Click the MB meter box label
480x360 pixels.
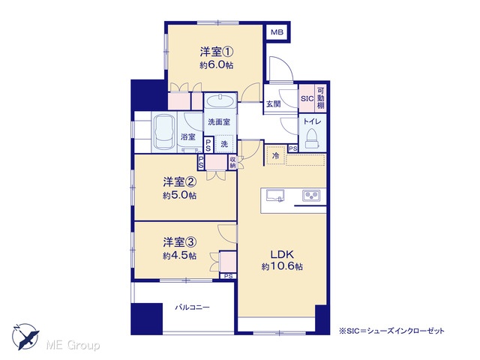click(277, 31)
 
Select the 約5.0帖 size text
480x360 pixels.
click(180, 195)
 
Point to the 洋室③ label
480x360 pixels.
click(180, 242)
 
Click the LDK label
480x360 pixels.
click(282, 254)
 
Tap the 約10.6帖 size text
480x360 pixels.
click(282, 267)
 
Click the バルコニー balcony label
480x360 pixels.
click(192, 307)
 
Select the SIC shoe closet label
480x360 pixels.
click(307, 98)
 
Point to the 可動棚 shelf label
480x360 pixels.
click(320, 98)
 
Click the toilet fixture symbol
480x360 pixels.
click(312, 139)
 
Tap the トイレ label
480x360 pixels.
click(312, 121)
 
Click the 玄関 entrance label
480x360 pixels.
click(273, 104)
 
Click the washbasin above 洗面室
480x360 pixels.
click(220, 100)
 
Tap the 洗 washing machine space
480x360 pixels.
click(225, 144)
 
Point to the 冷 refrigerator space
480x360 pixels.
click(275, 155)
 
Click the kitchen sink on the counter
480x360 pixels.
click(275, 196)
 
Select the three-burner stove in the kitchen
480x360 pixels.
click(311, 195)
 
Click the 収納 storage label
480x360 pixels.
click(232, 163)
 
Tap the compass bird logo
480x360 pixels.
click(25, 337)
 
